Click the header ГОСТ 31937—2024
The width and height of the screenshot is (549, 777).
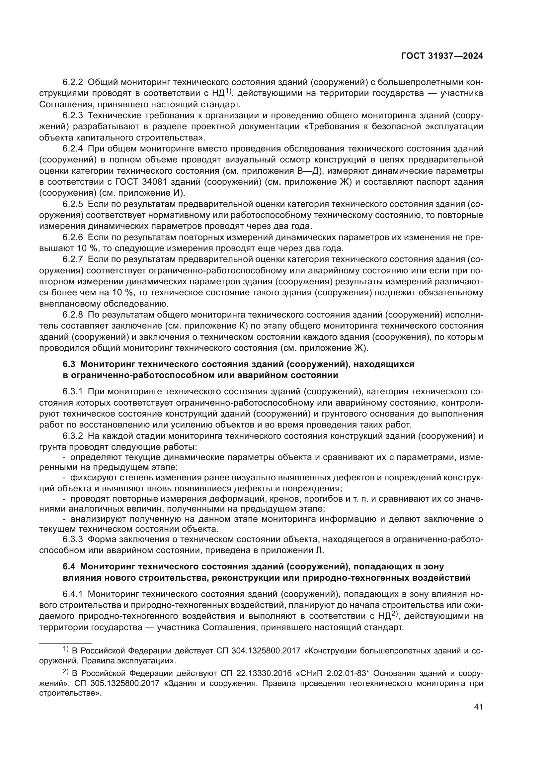pyautogui.click(x=442, y=56)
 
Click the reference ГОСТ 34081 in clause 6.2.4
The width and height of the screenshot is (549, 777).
pyautogui.click(x=141, y=182)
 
